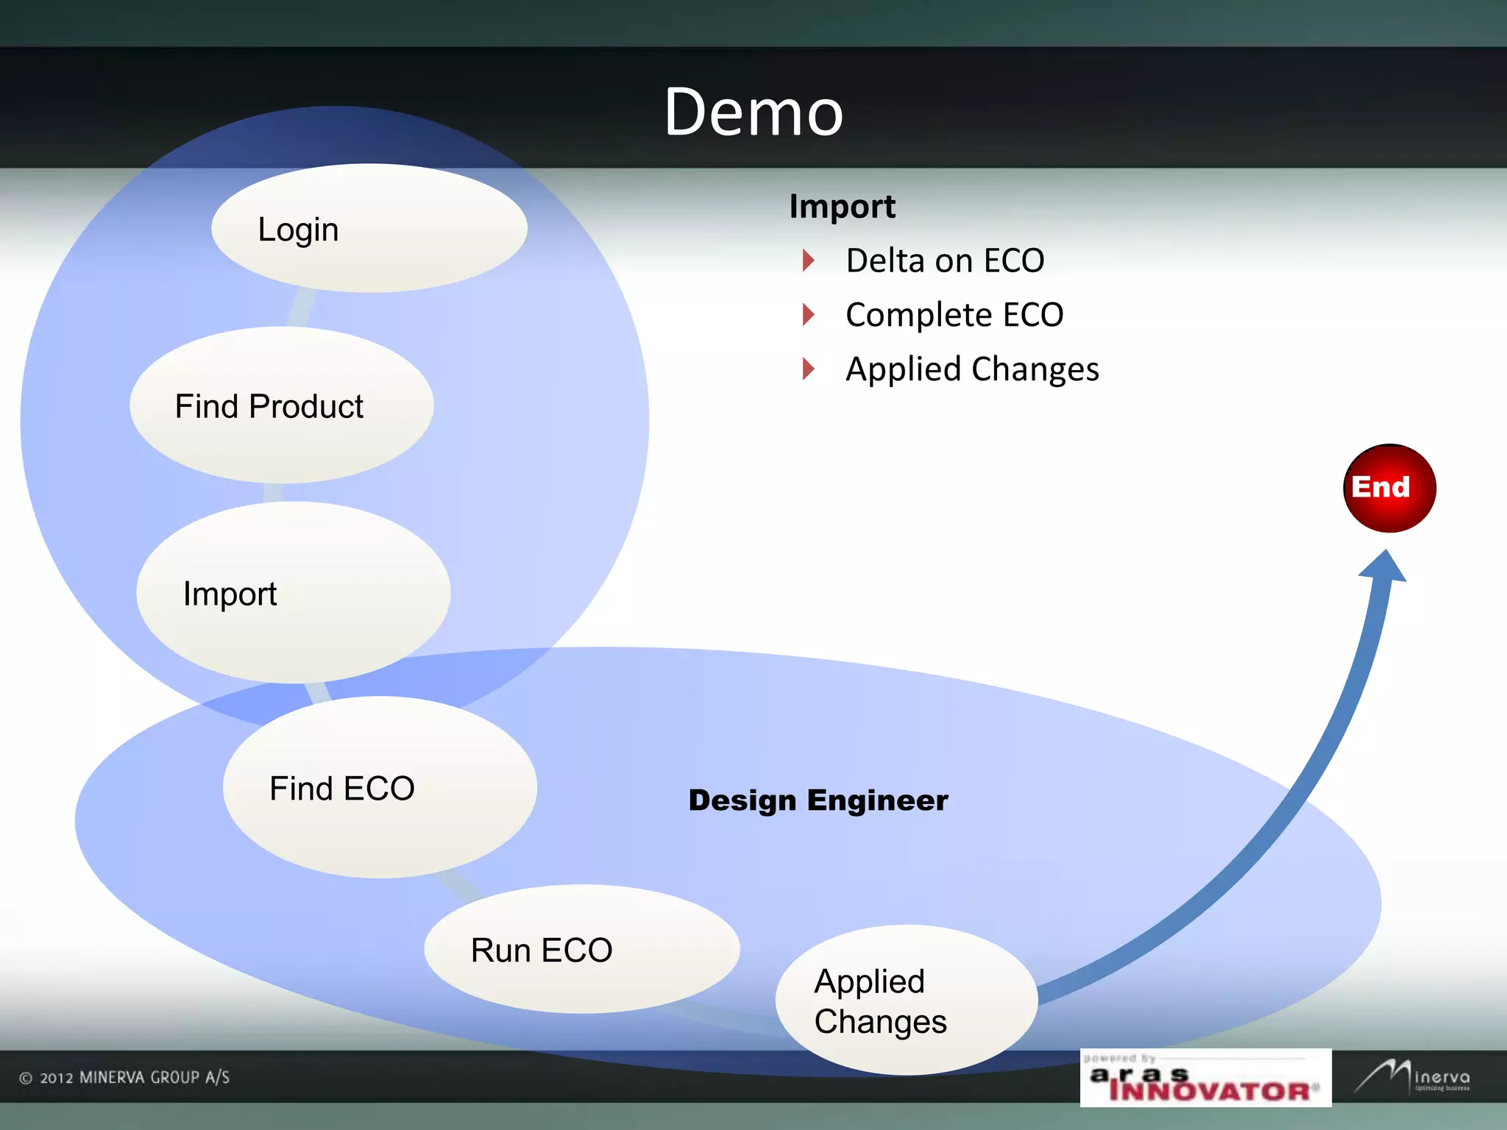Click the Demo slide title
coord(753,112)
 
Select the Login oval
coord(369,228)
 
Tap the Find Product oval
coord(281,405)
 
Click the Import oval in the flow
coord(293,593)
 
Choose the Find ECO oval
coord(380,787)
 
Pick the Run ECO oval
coord(581,949)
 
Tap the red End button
coord(1389,488)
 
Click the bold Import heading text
coord(842,207)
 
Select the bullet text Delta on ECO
coord(945,260)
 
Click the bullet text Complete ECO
coord(954,315)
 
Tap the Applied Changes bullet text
coord(971,369)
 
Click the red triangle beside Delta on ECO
coord(808,260)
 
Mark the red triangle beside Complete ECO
coord(808,314)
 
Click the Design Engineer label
coord(818,800)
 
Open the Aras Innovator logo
coord(1205,1079)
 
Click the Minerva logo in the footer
coord(1413,1077)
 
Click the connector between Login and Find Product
coord(301,308)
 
